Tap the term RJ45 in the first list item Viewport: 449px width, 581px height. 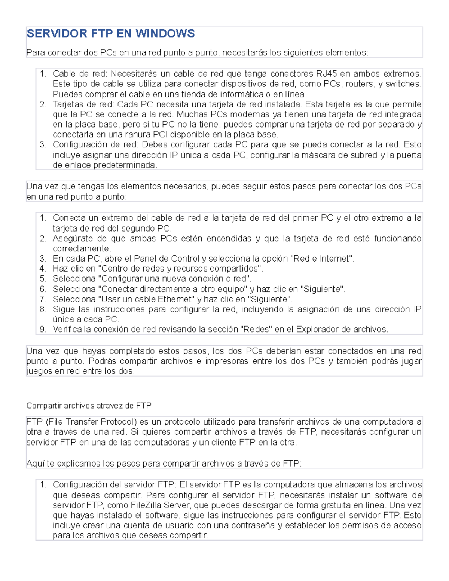326,74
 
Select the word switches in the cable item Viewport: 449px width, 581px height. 403,84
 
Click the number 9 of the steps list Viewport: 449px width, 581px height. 43,330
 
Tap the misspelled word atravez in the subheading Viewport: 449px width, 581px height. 110,406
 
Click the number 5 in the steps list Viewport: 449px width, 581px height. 43,279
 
